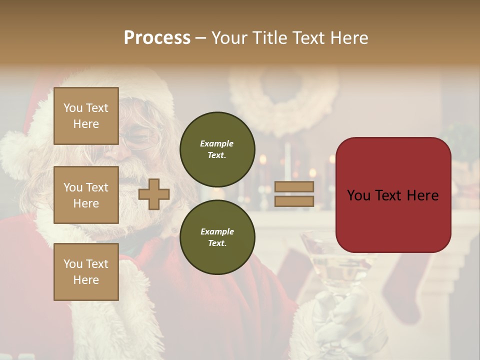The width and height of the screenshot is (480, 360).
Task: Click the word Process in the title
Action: tap(157, 38)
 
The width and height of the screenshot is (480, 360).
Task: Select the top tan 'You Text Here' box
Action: tap(86, 116)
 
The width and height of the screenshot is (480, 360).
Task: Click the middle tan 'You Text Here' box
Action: tap(86, 195)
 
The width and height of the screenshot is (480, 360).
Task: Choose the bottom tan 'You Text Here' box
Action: tap(86, 272)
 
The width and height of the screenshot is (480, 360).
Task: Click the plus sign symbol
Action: tap(154, 194)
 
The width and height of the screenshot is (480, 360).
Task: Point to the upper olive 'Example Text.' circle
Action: tap(217, 149)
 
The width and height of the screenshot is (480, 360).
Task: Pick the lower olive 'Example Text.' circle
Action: tap(217, 237)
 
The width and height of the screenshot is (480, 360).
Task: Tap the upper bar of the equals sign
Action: tap(294, 187)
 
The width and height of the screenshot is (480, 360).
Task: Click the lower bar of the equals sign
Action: tap(294, 201)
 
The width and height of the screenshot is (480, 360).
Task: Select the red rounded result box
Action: tap(393, 195)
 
